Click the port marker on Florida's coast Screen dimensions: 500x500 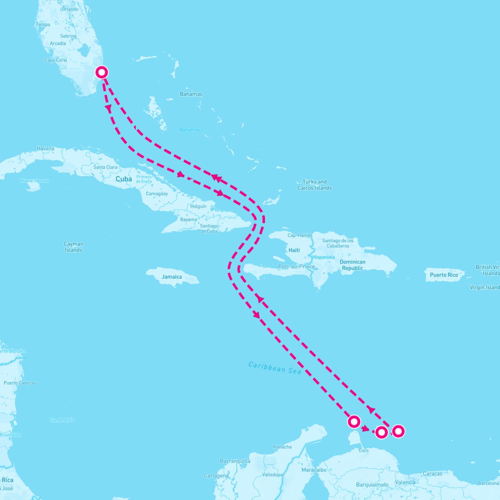tap(102, 72)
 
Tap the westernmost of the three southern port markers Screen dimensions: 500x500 tap(354, 422)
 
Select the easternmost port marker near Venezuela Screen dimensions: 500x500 tap(398, 431)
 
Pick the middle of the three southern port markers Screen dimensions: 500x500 tap(381, 432)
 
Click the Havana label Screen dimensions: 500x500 tap(45, 148)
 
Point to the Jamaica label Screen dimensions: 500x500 tap(172, 277)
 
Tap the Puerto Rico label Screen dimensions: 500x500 tap(444, 275)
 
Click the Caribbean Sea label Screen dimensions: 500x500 tap(275, 367)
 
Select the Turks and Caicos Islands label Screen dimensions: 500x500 tap(315, 185)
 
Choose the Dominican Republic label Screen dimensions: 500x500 tap(352, 265)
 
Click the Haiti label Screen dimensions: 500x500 tap(294, 250)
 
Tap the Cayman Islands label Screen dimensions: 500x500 tap(74, 247)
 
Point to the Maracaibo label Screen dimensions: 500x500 tap(314, 470)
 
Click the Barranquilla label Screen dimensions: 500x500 tap(235, 461)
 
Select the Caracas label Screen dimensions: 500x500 tap(432, 474)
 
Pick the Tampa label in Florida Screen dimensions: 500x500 tap(43, 25)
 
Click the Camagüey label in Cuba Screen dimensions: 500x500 tap(157, 194)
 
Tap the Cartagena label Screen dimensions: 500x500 tap(216, 476)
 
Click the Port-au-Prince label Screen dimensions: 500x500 tap(297, 267)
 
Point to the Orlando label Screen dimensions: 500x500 tap(70, 9)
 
